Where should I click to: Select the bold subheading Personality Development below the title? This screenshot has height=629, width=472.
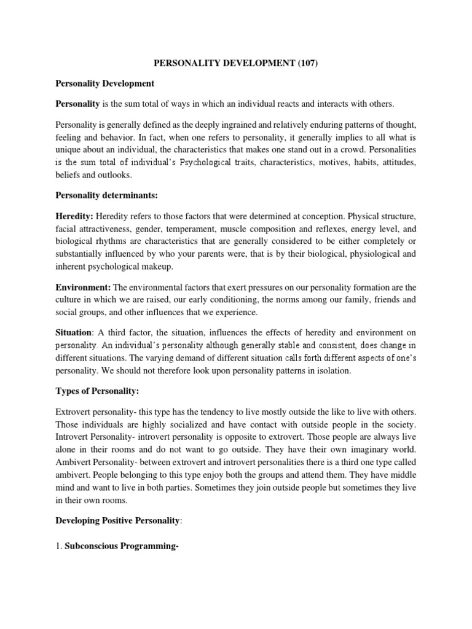point(104,83)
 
